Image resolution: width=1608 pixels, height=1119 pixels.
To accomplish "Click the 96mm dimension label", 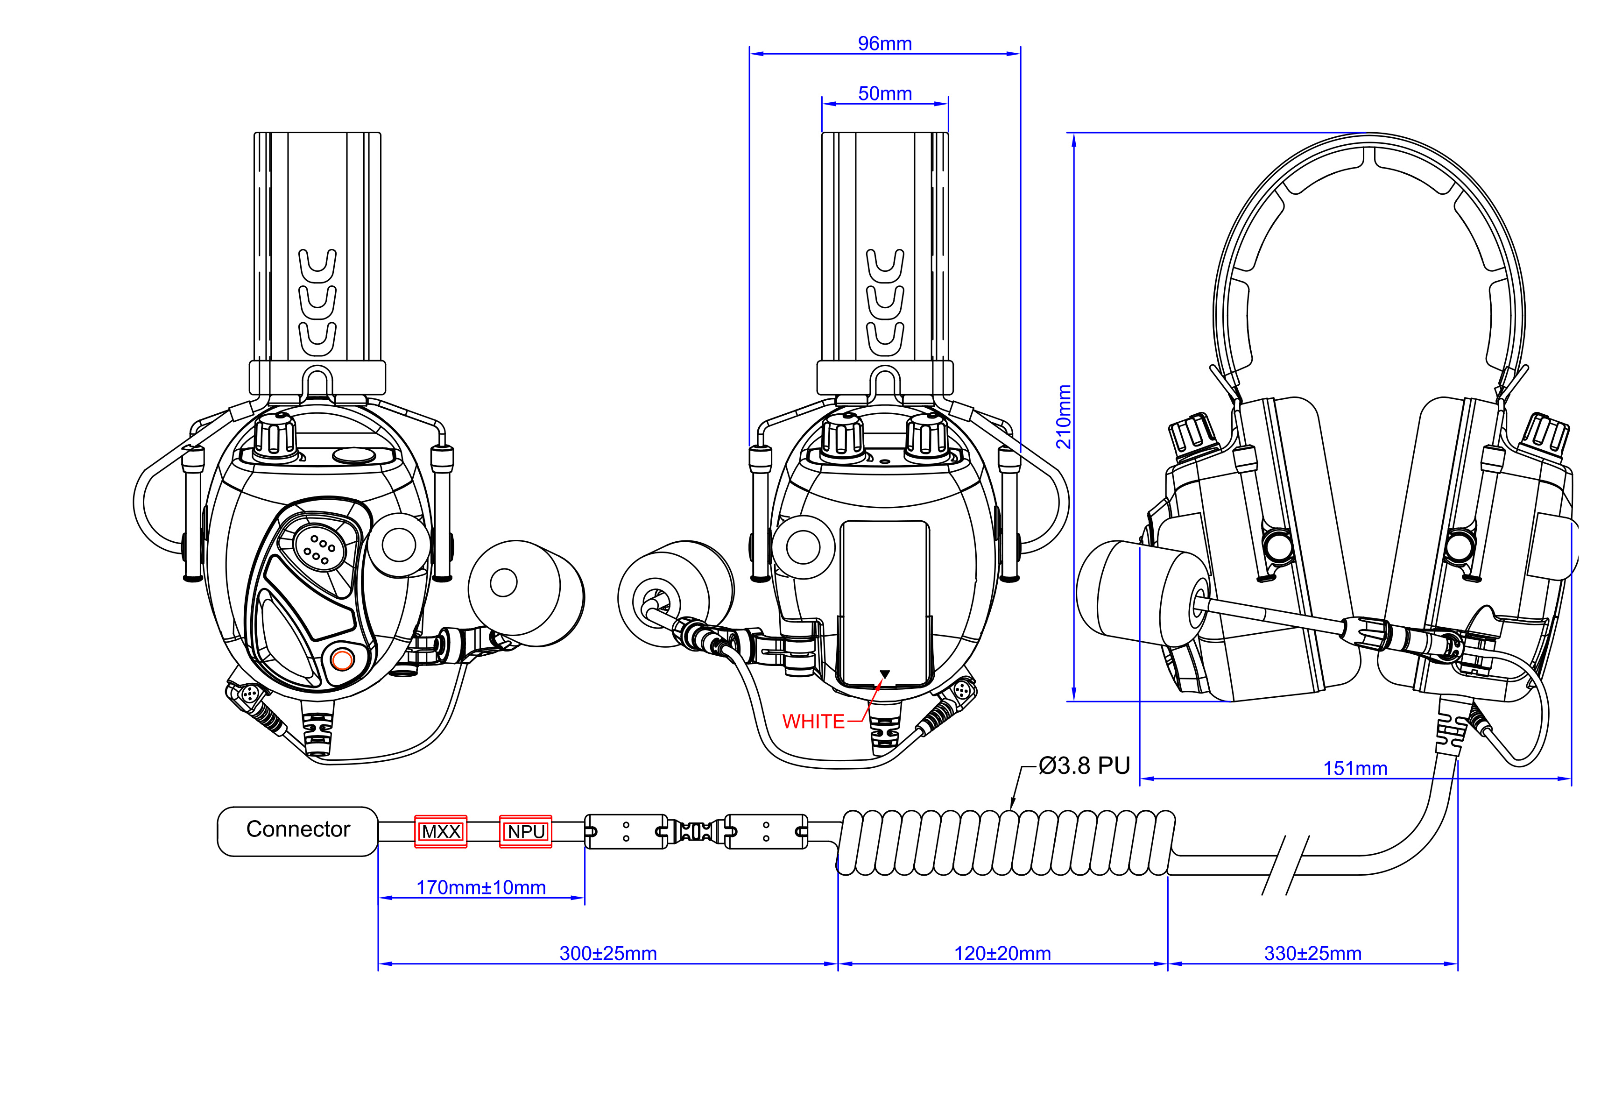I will [884, 43].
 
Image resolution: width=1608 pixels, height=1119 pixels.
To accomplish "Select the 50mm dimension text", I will [884, 93].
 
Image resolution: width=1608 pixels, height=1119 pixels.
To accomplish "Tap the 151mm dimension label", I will [1354, 768].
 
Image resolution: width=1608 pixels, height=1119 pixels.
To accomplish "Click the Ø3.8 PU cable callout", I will [1084, 765].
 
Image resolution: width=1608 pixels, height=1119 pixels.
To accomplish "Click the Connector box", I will [298, 830].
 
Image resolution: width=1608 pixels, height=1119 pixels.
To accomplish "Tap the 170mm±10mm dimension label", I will [481, 887].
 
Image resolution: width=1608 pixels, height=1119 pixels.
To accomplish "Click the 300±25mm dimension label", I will [608, 953].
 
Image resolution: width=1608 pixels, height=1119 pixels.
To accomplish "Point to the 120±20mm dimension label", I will [1002, 953].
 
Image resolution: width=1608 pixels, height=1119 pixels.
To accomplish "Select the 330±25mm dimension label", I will [1312, 953].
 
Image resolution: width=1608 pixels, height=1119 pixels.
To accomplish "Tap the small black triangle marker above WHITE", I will [884, 674].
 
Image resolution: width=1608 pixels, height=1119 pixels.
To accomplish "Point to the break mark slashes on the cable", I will [1285, 864].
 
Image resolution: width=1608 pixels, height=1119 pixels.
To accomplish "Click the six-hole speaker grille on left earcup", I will [318, 550].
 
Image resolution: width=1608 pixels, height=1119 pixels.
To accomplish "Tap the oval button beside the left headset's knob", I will [354, 455].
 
